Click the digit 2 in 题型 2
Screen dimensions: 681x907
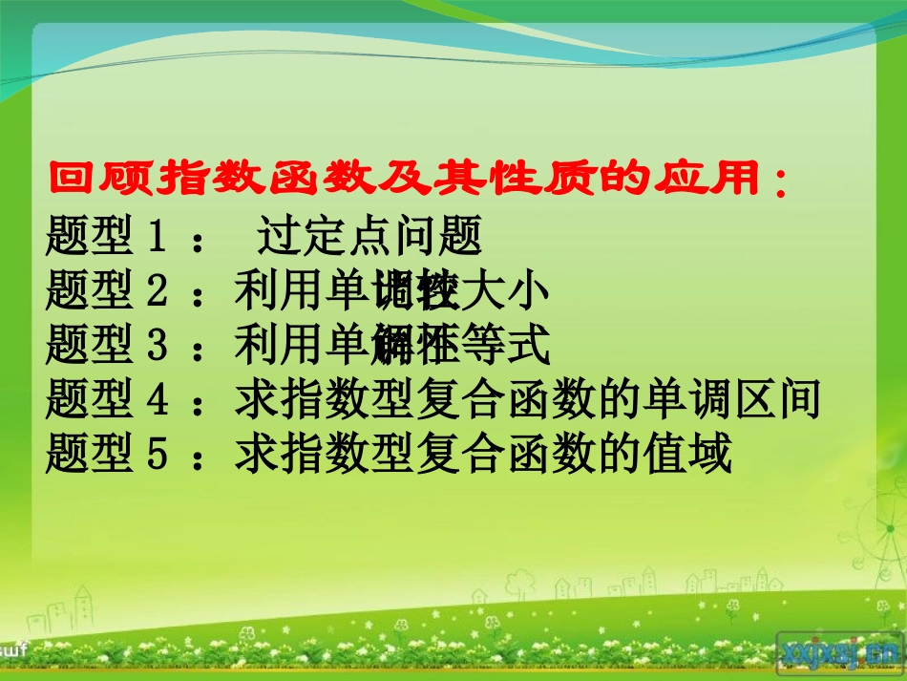point(158,292)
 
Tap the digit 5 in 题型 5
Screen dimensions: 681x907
point(158,457)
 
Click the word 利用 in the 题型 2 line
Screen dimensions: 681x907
point(278,292)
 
